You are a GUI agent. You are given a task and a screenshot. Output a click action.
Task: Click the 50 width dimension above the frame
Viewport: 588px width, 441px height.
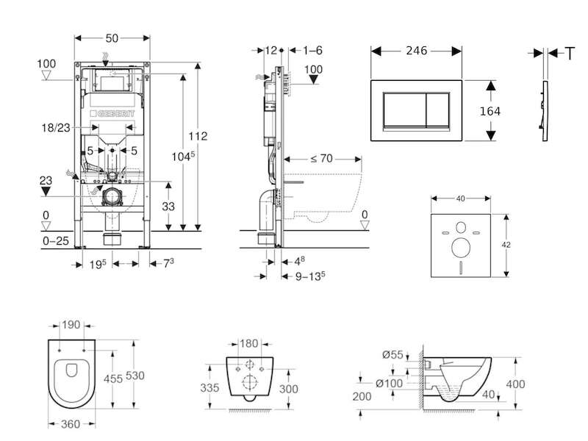pos(112,38)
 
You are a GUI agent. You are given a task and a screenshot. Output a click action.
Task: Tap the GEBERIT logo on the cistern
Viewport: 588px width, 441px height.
pos(112,113)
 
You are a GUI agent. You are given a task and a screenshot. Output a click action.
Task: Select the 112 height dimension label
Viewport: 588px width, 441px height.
pos(198,136)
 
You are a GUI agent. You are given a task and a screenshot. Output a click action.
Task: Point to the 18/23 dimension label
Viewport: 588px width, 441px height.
pos(56,128)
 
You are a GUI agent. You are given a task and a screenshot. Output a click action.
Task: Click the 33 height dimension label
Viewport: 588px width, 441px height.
pos(168,207)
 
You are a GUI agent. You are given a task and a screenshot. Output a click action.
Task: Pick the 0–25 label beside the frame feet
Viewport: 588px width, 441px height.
pos(56,241)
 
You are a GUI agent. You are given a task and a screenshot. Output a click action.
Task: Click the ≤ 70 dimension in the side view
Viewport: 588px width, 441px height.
pos(322,159)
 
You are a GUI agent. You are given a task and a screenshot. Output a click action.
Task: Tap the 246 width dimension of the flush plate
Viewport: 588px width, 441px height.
pos(416,50)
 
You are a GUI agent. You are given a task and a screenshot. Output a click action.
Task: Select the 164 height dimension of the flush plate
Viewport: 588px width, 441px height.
pos(490,111)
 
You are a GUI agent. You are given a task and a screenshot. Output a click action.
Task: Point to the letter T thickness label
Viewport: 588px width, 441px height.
pos(570,54)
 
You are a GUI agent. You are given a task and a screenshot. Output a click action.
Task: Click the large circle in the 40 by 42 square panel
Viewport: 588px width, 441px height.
pos(461,248)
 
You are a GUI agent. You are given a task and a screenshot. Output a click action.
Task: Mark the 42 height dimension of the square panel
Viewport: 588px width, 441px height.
pos(506,245)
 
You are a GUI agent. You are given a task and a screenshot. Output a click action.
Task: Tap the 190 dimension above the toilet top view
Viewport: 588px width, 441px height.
pos(71,325)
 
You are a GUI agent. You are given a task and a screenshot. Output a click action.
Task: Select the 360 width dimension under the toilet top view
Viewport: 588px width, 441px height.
pos(71,424)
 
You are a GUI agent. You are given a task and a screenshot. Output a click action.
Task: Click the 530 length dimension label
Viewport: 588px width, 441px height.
pos(135,376)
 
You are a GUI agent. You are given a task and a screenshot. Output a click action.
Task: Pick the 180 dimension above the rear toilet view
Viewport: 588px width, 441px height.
pos(248,343)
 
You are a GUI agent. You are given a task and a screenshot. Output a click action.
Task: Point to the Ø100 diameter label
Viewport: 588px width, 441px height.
pos(389,383)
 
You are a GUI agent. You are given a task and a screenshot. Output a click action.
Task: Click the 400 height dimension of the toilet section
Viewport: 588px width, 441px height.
pos(515,384)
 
